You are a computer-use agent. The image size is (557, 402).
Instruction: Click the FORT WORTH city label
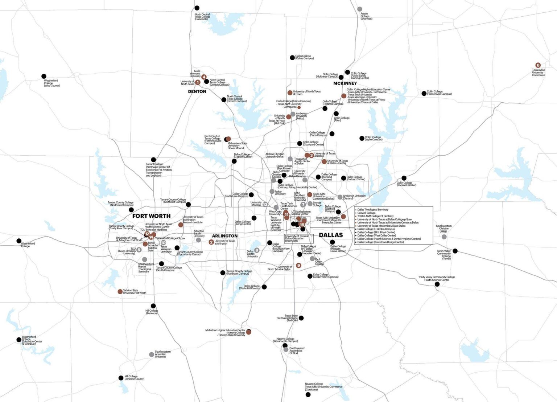click(x=151, y=216)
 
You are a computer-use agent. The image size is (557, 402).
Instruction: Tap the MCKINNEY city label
click(x=345, y=83)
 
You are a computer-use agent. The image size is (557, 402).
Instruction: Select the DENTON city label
click(x=197, y=91)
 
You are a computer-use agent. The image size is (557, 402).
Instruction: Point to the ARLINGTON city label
click(x=225, y=236)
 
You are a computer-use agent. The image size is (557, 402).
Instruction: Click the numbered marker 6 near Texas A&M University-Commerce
click(x=538, y=65)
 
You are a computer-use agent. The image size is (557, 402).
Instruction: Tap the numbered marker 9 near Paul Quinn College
click(x=299, y=266)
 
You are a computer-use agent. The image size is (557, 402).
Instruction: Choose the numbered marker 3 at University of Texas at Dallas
click(x=311, y=155)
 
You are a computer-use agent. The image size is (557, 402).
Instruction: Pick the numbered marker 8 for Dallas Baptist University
click(x=257, y=250)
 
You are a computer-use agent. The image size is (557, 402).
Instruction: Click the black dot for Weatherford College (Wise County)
click(x=44, y=77)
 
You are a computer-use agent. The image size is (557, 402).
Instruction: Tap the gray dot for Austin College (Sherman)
click(x=359, y=9)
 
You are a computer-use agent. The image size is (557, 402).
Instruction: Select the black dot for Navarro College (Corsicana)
click(x=308, y=394)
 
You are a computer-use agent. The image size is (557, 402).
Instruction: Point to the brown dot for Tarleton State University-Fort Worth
click(x=120, y=292)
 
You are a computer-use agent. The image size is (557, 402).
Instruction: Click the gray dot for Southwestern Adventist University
click(x=152, y=354)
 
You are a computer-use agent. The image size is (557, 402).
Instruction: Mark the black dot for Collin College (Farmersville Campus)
click(x=424, y=94)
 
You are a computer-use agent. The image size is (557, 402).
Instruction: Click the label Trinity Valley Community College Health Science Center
click(x=437, y=278)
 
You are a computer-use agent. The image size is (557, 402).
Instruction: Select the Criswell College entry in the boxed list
click(x=366, y=213)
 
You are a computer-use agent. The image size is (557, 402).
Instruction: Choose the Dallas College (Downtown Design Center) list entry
click(x=380, y=242)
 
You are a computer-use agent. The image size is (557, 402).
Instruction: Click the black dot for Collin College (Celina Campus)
click(x=292, y=58)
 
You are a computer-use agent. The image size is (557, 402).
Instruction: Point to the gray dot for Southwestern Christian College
click(x=444, y=237)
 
